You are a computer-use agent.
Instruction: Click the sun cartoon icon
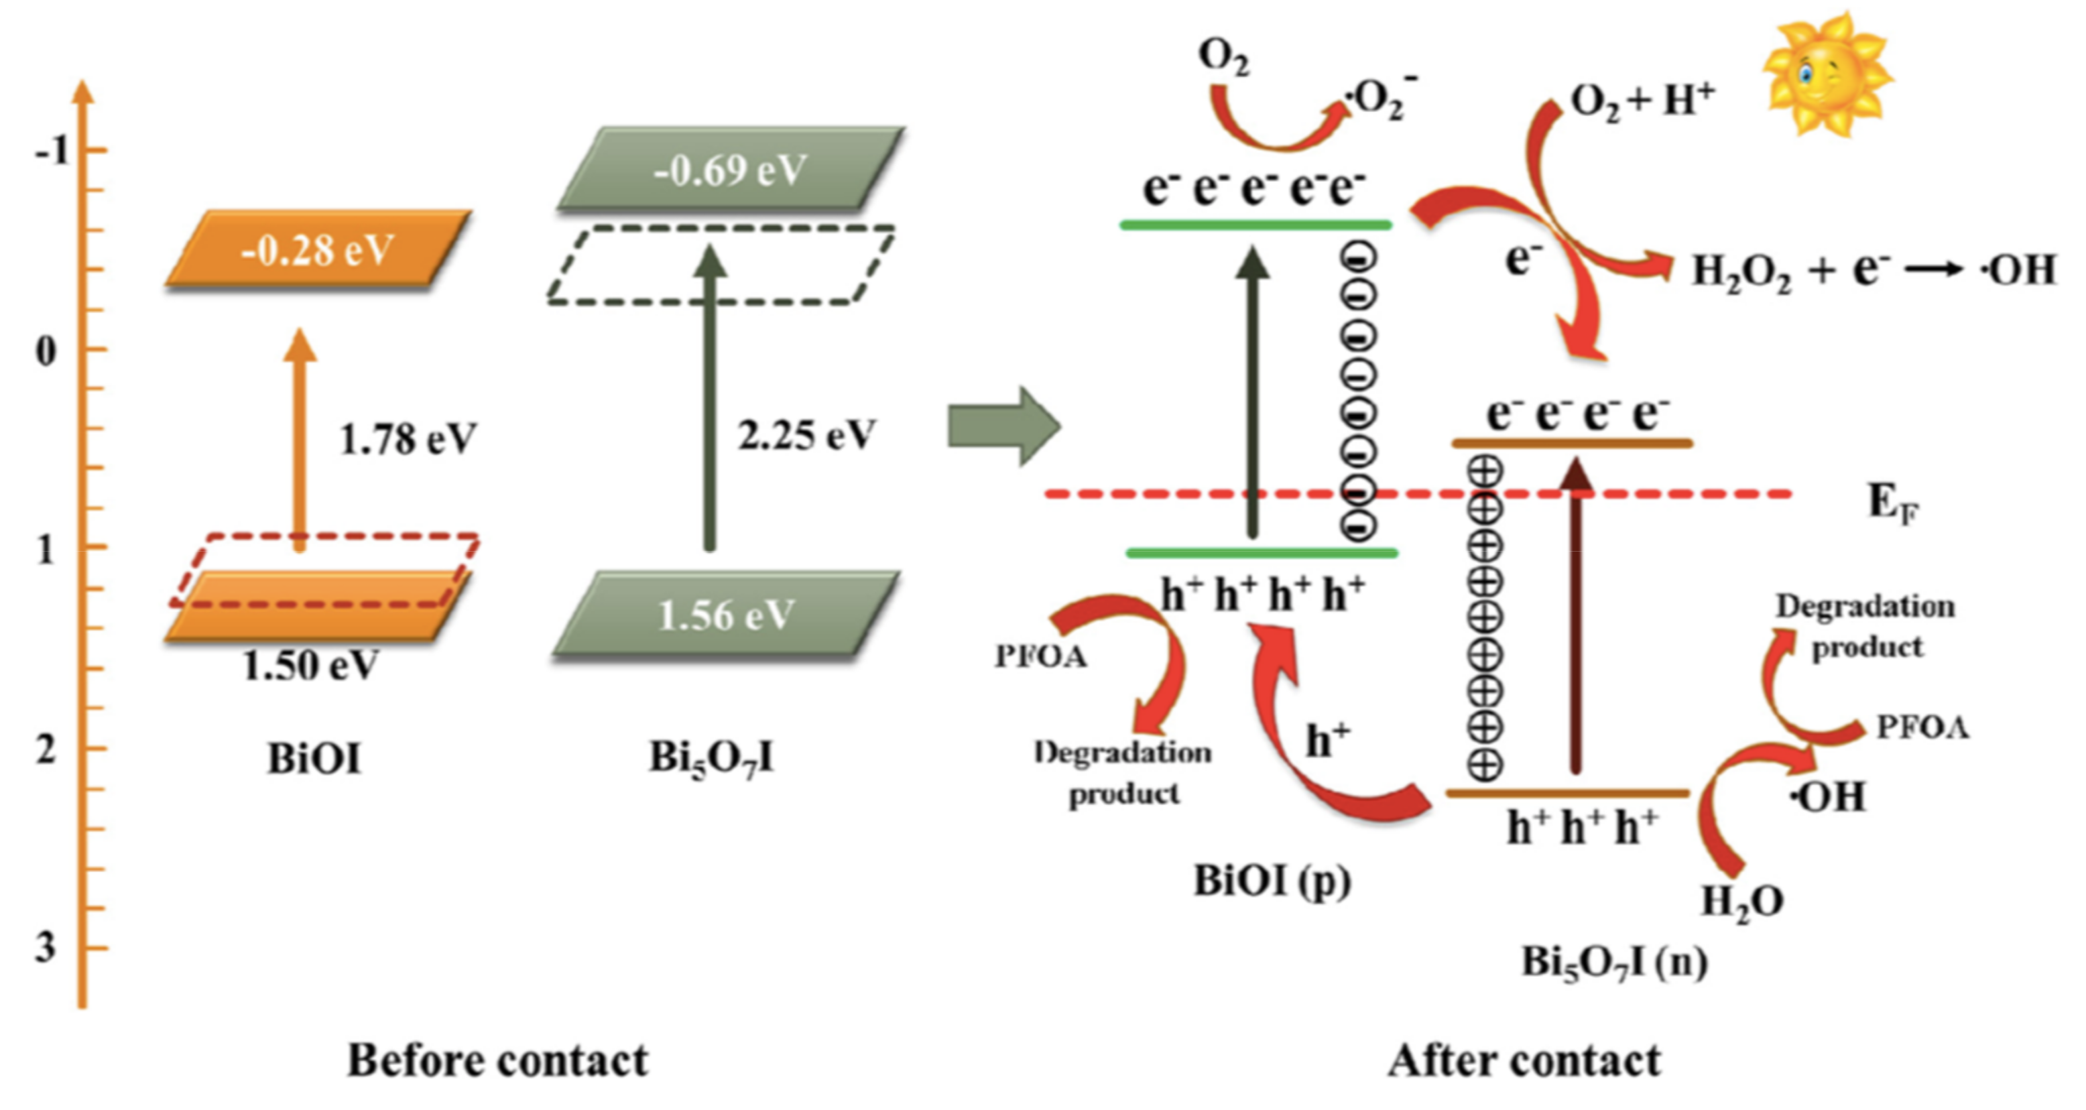pos(1826,74)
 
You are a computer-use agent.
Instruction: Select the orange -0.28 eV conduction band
pos(318,249)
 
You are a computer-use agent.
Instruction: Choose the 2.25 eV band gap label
pos(806,436)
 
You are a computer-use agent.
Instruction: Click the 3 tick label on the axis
pos(46,946)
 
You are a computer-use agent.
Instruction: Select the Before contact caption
pos(497,1060)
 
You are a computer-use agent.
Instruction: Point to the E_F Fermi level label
pos(1892,503)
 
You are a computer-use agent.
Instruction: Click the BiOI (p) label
pos(1272,881)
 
